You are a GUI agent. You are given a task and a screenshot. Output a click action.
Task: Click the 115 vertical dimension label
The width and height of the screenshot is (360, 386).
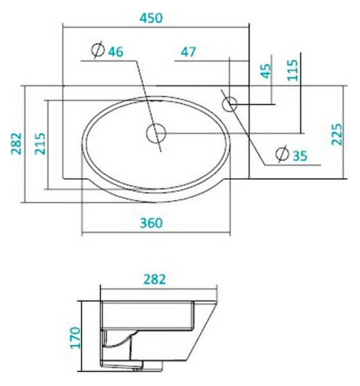point(293,69)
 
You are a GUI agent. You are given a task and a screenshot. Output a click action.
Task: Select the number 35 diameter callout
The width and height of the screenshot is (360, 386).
point(300,154)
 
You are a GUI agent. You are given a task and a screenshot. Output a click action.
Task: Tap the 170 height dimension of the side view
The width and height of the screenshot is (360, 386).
point(75,337)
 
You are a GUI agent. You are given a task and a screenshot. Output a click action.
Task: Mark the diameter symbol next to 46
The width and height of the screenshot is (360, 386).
point(98,50)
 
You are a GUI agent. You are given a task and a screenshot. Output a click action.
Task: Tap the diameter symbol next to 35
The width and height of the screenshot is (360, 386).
point(282,153)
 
